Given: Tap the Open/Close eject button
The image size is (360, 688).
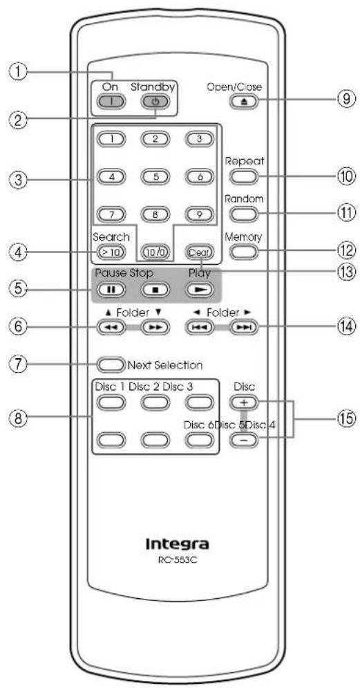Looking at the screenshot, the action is tap(243, 102).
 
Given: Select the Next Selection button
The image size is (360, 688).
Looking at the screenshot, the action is tap(112, 364).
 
